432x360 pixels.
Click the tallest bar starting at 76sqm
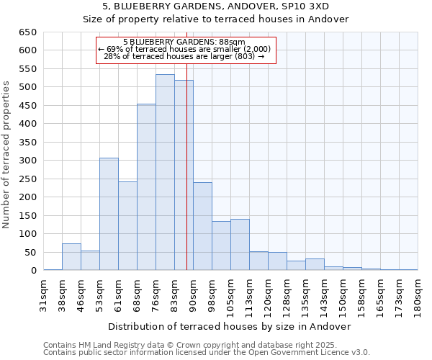pyautogui.click(x=165, y=173)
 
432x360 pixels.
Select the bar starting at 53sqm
pyautogui.click(x=109, y=214)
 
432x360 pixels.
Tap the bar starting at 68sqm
pyautogui.click(x=146, y=187)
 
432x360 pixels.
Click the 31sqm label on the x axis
pyautogui.click(x=44, y=293)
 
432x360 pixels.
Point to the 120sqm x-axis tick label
pyautogui.click(x=268, y=293)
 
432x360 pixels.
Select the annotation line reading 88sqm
pyautogui.click(x=184, y=42)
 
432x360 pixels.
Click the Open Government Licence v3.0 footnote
pyautogui.click(x=302, y=352)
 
